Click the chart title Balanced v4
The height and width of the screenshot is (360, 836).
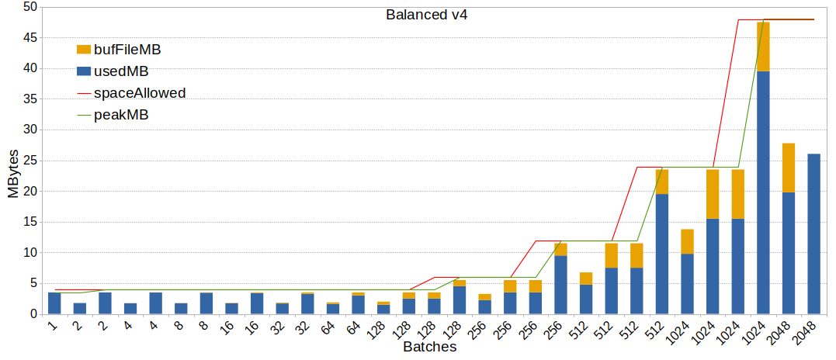point(426,15)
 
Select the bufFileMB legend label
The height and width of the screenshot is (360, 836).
point(127,50)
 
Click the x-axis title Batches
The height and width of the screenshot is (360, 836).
point(429,348)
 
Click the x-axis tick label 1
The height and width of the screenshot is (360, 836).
point(53,325)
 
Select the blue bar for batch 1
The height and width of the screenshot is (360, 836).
point(54,303)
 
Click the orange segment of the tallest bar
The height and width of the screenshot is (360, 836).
point(763,47)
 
